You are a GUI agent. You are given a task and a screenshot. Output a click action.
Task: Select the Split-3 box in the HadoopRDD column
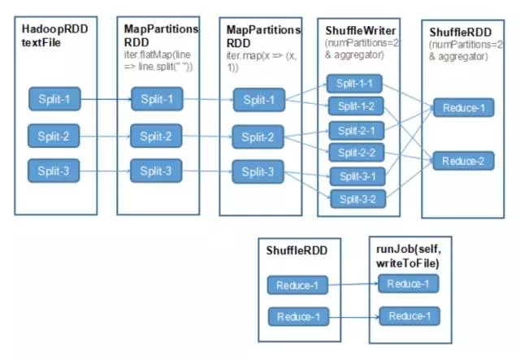pos(54,171)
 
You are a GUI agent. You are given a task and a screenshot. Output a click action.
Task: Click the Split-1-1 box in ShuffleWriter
pos(354,84)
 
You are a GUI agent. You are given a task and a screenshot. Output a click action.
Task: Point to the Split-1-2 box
pos(354,106)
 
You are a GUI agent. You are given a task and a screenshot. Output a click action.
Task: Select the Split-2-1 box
pos(354,130)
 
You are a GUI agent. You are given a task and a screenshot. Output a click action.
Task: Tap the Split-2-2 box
pos(354,152)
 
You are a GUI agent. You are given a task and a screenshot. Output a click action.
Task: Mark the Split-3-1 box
pos(354,176)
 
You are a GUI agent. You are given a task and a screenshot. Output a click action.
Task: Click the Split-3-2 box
pos(354,198)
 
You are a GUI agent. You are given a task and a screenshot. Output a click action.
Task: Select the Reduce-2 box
pos(463,162)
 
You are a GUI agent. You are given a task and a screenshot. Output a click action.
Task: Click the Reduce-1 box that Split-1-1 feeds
pos(463,107)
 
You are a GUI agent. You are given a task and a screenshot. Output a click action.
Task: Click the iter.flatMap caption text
pos(159,58)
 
